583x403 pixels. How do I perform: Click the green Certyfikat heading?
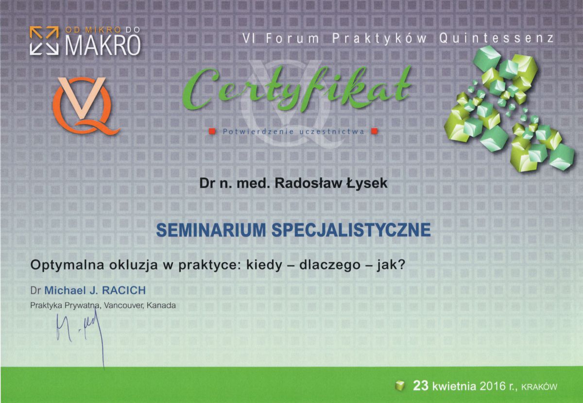point(297,90)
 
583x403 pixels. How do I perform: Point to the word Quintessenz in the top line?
point(496,39)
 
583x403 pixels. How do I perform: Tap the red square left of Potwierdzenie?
point(212,131)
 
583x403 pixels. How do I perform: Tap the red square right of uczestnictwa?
point(374,131)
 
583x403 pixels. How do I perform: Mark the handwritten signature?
point(80,330)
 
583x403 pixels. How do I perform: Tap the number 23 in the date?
point(420,386)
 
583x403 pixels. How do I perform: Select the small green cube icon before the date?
point(399,386)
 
